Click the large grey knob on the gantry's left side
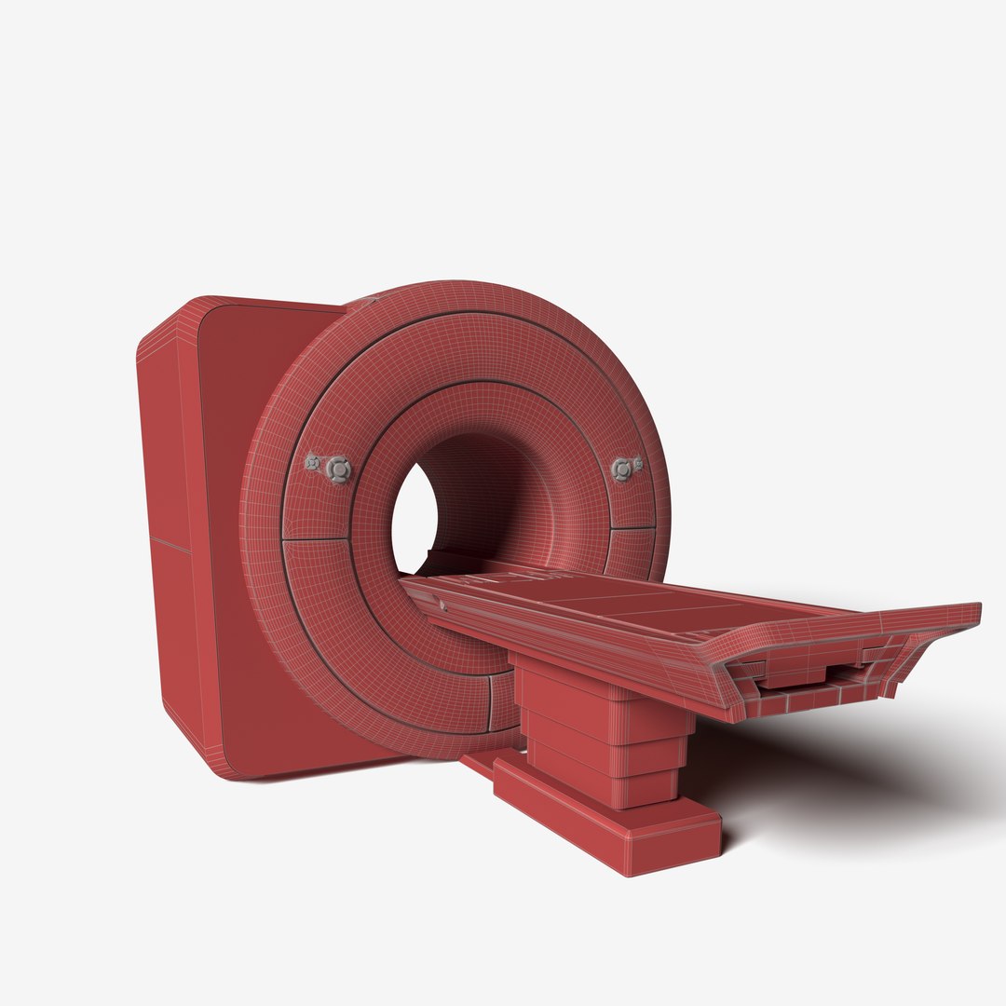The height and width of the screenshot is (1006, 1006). [x=339, y=469]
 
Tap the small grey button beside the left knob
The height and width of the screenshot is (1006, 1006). [x=313, y=461]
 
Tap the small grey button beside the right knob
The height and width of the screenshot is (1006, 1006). [x=638, y=463]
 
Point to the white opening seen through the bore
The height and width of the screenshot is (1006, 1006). [x=413, y=517]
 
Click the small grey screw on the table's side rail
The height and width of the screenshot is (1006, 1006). [x=442, y=605]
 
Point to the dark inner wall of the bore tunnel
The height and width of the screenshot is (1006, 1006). [x=494, y=494]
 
